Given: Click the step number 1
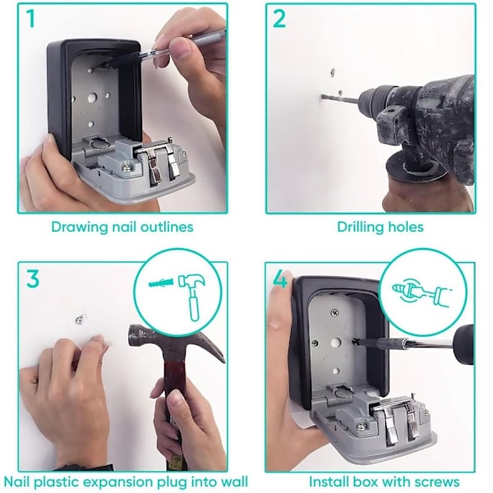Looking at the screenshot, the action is pos(30,19).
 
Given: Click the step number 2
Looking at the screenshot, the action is pos(279,19).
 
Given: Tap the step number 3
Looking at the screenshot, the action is pos(33,278).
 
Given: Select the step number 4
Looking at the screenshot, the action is pos(280,279).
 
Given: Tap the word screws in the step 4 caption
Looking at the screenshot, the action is pos(437,481).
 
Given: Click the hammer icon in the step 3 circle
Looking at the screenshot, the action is pos(191,293).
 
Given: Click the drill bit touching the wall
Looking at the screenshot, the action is pos(339,99).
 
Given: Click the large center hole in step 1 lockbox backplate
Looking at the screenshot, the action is pos(91,99).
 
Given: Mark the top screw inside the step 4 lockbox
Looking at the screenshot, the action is pos(334,313).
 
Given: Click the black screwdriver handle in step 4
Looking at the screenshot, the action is pos(463,344).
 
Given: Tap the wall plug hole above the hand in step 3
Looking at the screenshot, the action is pos(79,320).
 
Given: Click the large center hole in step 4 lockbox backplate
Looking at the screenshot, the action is pos(336,343).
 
